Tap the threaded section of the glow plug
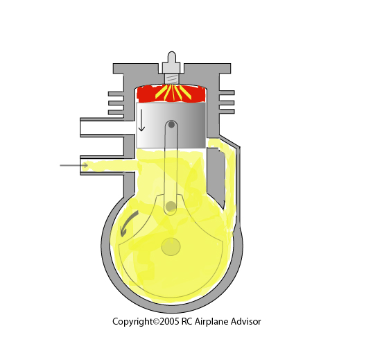(x=172, y=79)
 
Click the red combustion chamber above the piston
(x=171, y=94)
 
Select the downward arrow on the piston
(x=141, y=120)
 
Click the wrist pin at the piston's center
(x=171, y=124)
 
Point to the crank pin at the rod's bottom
(x=171, y=206)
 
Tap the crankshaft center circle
(x=171, y=247)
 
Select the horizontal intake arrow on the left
(x=73, y=165)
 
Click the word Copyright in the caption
(x=132, y=322)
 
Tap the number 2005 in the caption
(x=169, y=321)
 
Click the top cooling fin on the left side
(x=116, y=94)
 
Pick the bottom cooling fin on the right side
(x=227, y=112)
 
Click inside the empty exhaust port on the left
(x=102, y=128)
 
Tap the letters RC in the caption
(x=186, y=321)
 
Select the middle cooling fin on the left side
(x=116, y=103)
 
